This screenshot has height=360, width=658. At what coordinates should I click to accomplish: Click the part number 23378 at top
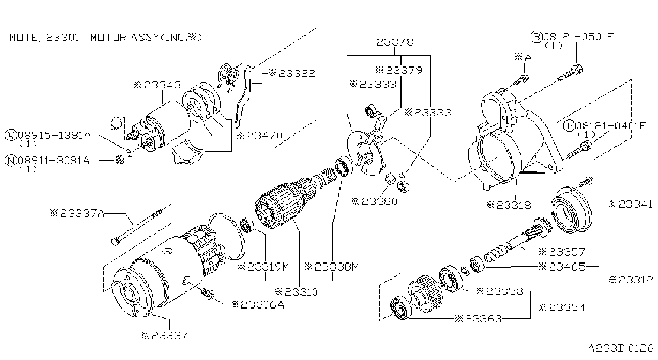click(x=395, y=42)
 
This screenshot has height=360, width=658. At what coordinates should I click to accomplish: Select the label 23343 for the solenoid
click(x=162, y=85)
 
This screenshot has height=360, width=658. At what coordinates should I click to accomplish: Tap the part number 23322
click(x=297, y=73)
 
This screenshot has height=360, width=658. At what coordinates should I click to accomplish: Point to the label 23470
click(x=264, y=136)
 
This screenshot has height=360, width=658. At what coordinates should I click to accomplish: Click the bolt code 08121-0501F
click(x=578, y=37)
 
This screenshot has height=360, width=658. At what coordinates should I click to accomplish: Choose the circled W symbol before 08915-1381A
click(x=11, y=136)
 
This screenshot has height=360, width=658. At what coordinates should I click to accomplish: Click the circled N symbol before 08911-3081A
click(x=11, y=161)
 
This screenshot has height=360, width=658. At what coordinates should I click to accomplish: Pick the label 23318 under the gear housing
click(x=513, y=205)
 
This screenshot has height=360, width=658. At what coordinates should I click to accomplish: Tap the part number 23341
click(x=635, y=204)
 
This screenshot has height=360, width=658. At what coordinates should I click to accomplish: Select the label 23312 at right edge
click(x=636, y=280)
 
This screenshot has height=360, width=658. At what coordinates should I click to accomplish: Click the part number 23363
click(x=483, y=319)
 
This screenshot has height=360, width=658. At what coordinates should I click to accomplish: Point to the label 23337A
click(x=82, y=213)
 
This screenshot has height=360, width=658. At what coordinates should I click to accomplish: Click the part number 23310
click(x=301, y=292)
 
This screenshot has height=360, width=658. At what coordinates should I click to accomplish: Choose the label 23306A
click(x=262, y=305)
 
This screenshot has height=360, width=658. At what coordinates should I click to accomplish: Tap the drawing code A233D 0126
click(x=621, y=349)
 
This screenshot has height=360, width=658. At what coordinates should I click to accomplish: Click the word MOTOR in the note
click(x=108, y=37)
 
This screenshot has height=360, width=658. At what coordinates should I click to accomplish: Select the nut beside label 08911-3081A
click(x=119, y=160)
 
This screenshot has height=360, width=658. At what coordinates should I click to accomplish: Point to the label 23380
click(x=379, y=201)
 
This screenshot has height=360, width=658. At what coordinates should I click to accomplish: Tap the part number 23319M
click(x=268, y=267)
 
